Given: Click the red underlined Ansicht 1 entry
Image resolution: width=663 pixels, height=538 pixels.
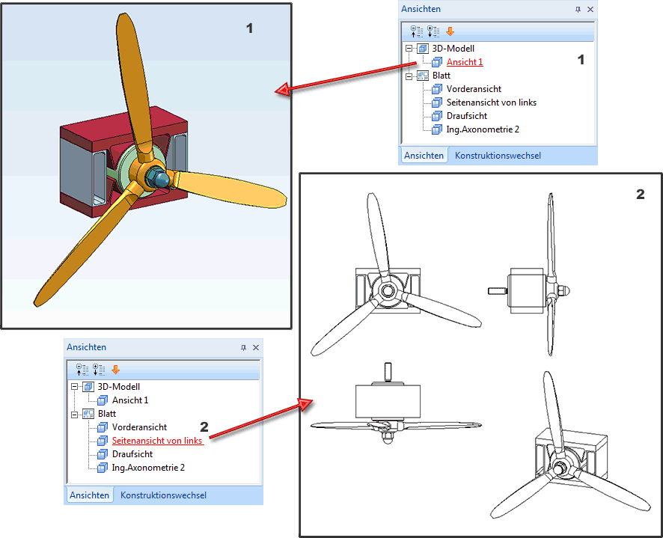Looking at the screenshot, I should click(x=465, y=62).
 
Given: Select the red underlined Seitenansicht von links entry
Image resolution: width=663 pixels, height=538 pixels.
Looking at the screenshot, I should click(x=157, y=441).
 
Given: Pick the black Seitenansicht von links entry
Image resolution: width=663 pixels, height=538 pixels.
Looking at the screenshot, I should click(x=492, y=103).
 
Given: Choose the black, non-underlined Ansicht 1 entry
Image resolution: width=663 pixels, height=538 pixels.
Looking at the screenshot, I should click(x=130, y=400).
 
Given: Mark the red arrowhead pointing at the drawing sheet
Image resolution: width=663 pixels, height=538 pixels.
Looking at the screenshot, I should click(x=305, y=405).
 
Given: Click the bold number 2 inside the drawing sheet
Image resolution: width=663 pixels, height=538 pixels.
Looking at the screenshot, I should click(x=640, y=194).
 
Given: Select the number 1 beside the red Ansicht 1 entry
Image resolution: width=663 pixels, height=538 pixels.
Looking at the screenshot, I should click(x=581, y=61).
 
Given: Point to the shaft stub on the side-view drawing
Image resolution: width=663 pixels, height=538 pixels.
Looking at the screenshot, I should click(x=497, y=290).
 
